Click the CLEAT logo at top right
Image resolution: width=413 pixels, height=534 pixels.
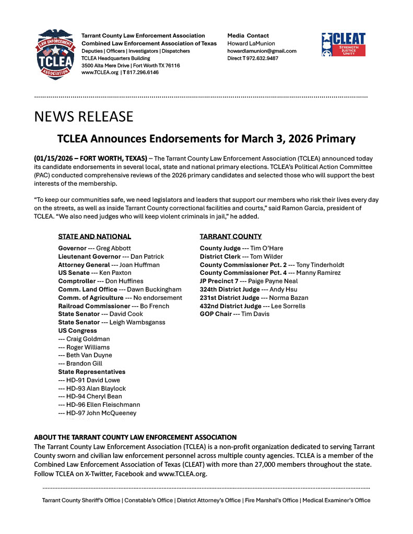pos(343,44)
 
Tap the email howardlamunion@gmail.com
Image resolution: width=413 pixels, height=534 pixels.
pos(262,51)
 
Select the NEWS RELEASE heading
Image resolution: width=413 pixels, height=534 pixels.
pos(84,116)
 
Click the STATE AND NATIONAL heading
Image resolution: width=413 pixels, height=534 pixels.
pos(95,236)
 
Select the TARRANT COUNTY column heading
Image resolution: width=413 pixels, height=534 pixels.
pos(231,236)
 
